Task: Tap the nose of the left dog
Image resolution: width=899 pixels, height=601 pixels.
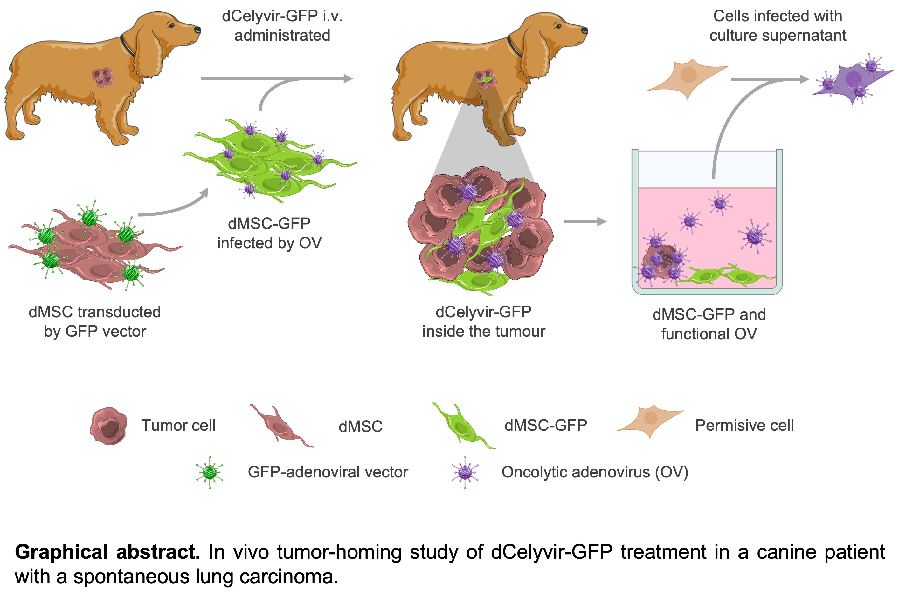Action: [197, 30]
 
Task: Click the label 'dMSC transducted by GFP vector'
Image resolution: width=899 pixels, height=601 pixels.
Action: [95, 321]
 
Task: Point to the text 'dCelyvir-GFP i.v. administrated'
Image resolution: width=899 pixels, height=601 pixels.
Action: [282, 26]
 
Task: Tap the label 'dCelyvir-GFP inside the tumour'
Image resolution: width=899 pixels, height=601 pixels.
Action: [483, 321]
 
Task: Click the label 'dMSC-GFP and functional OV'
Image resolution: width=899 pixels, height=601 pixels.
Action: [709, 324]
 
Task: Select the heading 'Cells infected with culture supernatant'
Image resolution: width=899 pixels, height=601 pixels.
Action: [778, 26]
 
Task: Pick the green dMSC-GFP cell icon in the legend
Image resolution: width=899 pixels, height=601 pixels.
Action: [463, 425]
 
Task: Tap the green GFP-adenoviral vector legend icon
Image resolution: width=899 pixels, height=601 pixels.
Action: [210, 472]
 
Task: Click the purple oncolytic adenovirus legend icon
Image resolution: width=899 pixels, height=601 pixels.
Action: [465, 472]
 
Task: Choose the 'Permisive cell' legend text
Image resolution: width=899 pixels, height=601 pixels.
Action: [744, 425]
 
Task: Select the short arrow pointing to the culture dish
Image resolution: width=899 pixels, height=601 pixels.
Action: [585, 221]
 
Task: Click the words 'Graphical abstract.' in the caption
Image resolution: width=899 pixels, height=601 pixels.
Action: [107, 552]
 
